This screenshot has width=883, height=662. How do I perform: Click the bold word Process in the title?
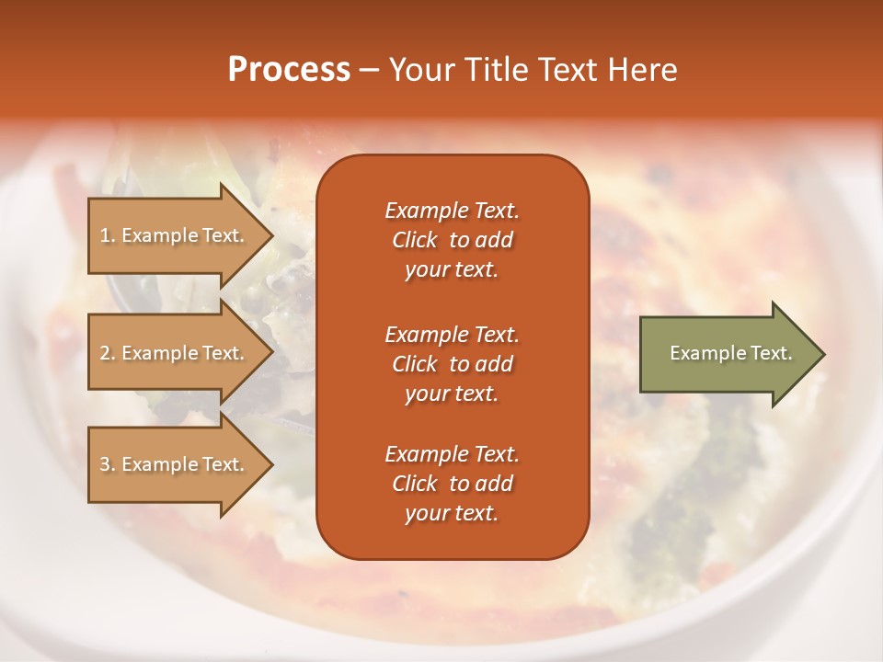click(x=289, y=70)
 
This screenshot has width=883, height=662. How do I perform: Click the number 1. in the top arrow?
click(x=108, y=235)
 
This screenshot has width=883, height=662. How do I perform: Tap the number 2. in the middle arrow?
click(x=108, y=353)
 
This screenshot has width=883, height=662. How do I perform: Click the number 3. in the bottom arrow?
click(x=108, y=464)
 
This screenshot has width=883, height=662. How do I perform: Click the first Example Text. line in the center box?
click(x=452, y=211)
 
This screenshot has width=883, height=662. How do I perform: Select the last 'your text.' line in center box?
click(x=452, y=514)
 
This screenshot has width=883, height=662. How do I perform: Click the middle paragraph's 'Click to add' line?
click(x=452, y=364)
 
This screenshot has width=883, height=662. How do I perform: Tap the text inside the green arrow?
click(x=730, y=353)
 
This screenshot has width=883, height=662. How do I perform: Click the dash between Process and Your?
click(x=369, y=70)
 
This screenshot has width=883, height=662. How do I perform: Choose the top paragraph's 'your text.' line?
click(x=452, y=270)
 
